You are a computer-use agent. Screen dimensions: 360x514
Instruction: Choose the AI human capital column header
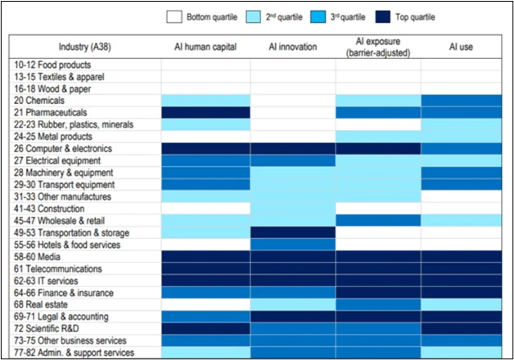(205, 47)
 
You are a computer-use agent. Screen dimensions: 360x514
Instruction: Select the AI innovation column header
(293, 47)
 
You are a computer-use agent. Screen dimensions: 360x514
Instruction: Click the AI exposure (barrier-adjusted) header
(378, 47)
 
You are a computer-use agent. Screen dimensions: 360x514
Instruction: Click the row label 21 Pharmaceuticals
(51, 112)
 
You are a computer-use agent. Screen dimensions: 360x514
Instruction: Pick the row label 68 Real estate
(43, 304)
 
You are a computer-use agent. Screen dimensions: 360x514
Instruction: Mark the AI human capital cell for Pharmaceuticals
(205, 112)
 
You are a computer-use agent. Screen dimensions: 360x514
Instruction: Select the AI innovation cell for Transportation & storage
(293, 232)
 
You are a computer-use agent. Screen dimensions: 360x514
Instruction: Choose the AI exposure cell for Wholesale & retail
(378, 220)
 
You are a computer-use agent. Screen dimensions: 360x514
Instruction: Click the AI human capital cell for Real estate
(205, 304)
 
